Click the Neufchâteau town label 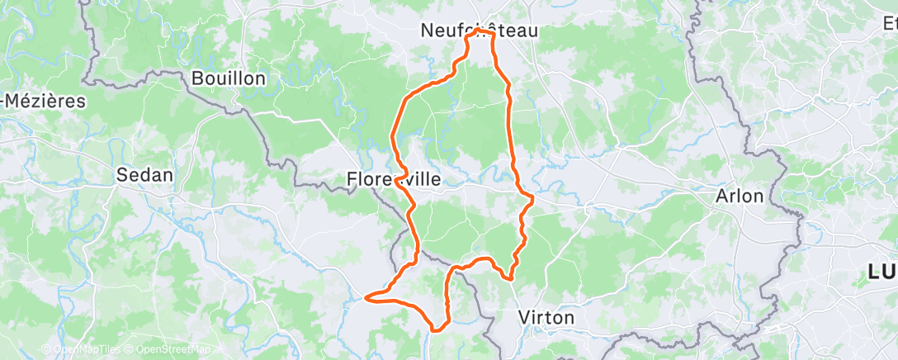coord(479,31)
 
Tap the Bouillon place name coord(228,78)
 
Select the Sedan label coord(145,175)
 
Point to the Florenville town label coord(394,179)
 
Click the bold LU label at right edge coord(882,272)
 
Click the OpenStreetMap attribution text coord(166,349)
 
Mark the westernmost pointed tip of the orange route coord(366,295)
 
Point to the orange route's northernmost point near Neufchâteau coord(479,31)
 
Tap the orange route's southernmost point coord(436,329)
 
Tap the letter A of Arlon coord(721,197)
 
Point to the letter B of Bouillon coord(197,78)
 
